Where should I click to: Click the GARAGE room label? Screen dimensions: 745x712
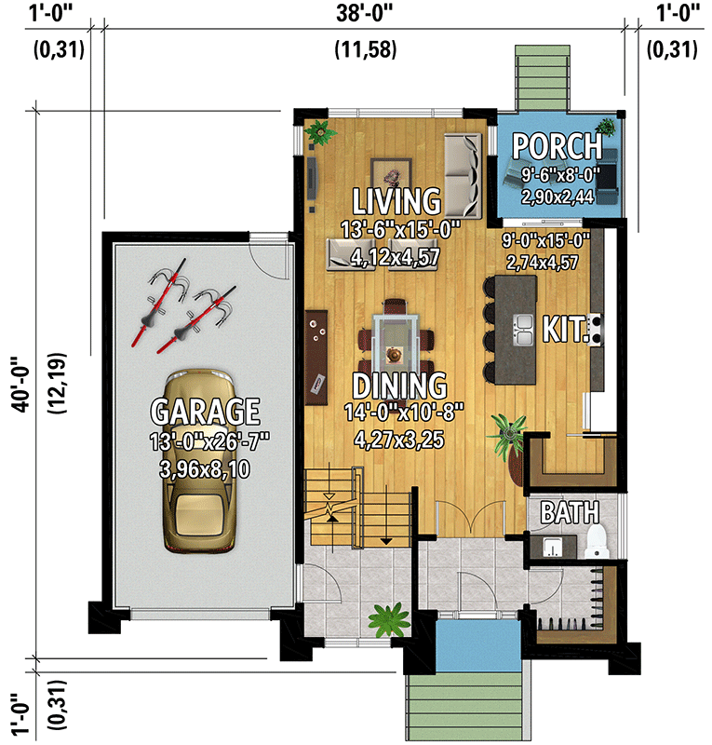(x=206, y=411)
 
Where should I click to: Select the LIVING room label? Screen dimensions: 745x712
(x=396, y=201)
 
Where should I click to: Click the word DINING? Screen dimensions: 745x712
(x=399, y=385)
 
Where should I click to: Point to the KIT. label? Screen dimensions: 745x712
(x=565, y=329)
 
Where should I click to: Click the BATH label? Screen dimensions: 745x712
(x=570, y=512)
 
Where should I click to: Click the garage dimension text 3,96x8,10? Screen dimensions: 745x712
(x=205, y=469)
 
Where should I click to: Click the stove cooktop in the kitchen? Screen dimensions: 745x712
(x=596, y=327)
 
